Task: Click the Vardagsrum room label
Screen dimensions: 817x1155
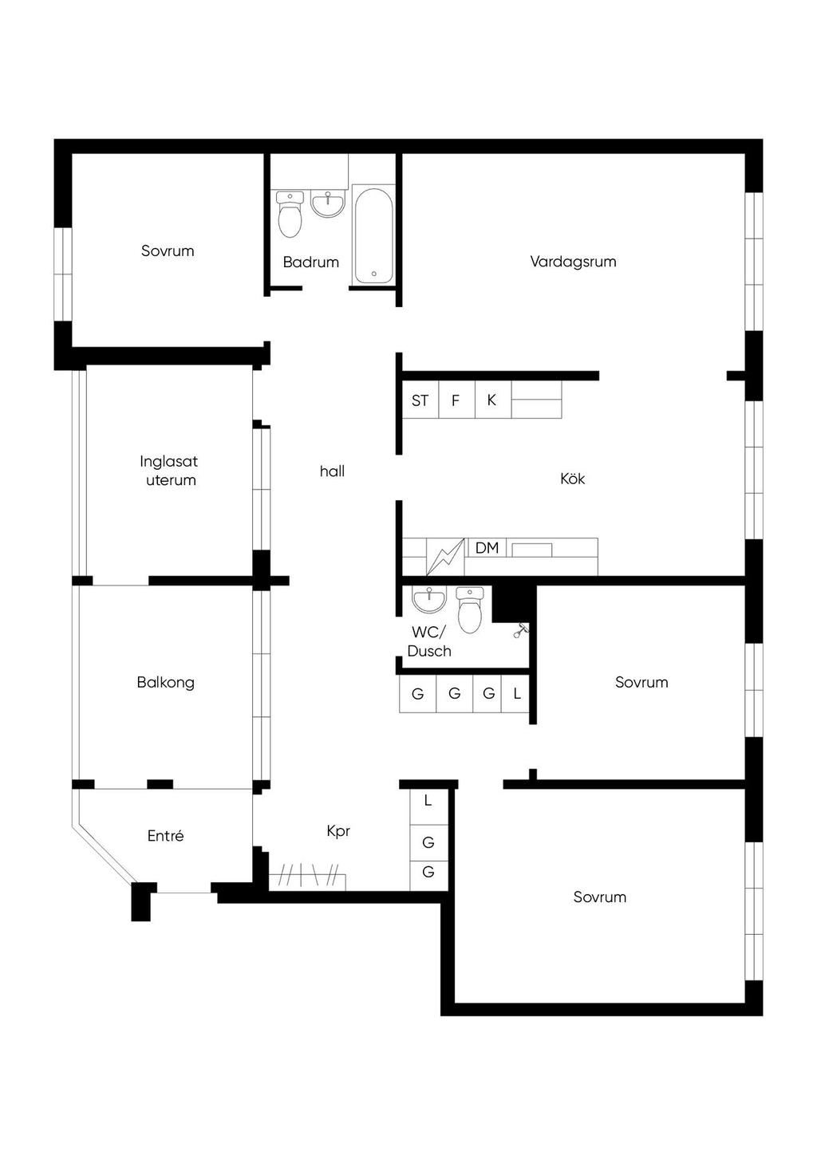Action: [x=573, y=262]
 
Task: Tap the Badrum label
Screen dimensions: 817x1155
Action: [x=311, y=262]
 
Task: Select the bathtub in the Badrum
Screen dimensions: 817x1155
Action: [x=374, y=235]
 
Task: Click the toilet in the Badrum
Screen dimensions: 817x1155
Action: [x=290, y=214]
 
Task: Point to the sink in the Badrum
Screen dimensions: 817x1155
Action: [x=328, y=203]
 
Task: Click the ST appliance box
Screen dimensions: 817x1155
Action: [x=420, y=400]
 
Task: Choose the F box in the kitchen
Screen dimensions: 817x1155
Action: [x=456, y=400]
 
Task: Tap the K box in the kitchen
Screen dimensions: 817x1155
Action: [x=492, y=400]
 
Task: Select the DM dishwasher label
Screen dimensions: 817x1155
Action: [x=487, y=548]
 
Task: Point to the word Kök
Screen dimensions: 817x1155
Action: [x=573, y=479]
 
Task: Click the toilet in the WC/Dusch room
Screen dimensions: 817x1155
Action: [x=469, y=611]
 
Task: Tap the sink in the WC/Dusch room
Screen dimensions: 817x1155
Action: [x=428, y=600]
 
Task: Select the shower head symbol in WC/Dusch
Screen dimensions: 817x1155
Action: [x=522, y=630]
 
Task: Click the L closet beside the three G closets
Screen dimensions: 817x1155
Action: [x=517, y=693]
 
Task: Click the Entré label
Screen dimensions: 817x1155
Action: [x=166, y=836]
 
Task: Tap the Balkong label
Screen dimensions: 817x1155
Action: [x=166, y=683]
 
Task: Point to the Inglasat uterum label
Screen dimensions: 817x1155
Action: [x=169, y=471]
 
